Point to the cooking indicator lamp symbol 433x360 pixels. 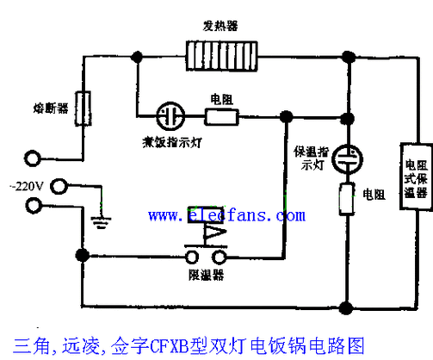pos(170,115)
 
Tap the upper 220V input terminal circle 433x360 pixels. pos(34,159)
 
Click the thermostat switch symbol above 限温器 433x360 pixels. pos(207,237)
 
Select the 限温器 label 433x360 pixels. pos(207,276)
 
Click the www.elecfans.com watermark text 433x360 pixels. pos(225,214)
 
